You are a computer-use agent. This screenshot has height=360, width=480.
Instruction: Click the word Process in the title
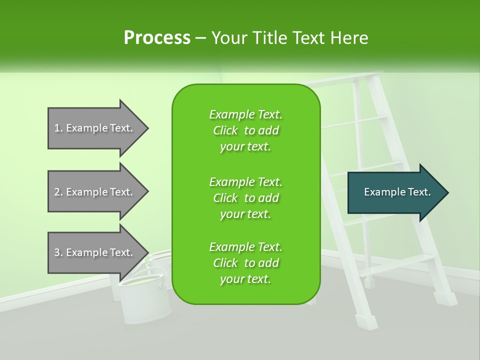click(x=157, y=38)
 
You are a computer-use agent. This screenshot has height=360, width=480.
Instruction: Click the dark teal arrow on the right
click(x=395, y=192)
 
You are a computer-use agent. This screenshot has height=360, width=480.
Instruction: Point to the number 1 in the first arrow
click(x=57, y=128)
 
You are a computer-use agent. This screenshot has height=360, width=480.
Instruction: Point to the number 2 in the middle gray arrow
click(x=57, y=192)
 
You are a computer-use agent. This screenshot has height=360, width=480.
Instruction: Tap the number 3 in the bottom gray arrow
click(x=57, y=252)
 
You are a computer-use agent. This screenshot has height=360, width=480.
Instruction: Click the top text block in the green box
click(x=245, y=130)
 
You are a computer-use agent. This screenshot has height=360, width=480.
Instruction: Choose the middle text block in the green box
click(x=245, y=197)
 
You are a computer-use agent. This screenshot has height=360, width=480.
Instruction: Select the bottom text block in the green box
click(x=245, y=263)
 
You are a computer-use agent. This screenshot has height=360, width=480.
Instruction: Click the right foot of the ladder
click(x=445, y=297)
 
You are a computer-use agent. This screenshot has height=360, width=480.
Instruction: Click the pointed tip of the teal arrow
click(x=447, y=192)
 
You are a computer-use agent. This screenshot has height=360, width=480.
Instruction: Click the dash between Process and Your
click(x=201, y=38)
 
